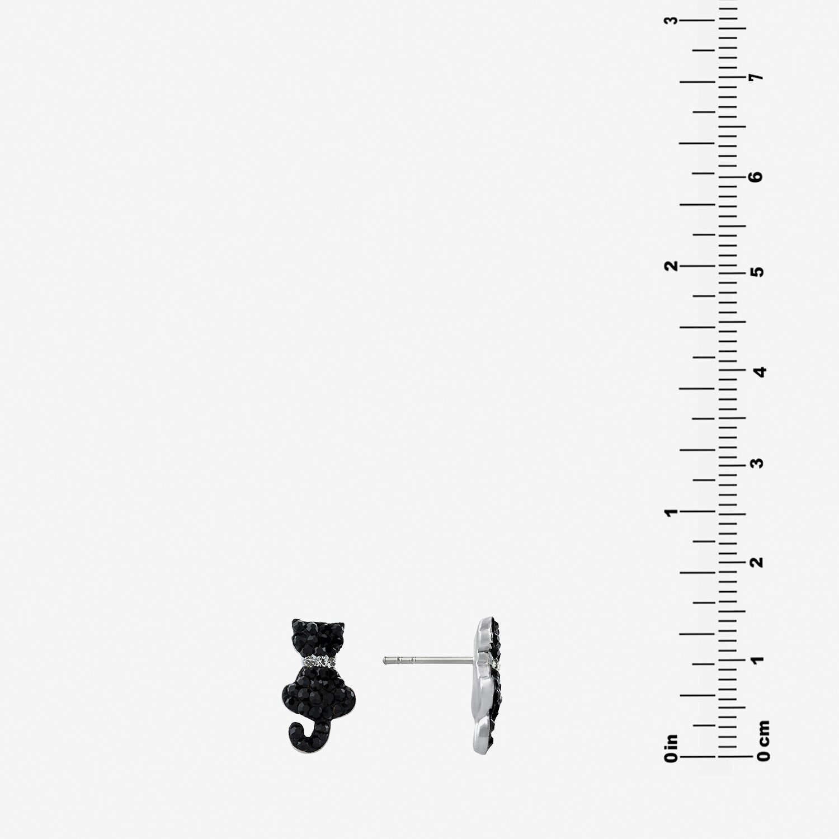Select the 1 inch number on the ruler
[671, 512]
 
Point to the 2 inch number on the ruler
[671, 265]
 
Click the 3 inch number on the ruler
[671, 21]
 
